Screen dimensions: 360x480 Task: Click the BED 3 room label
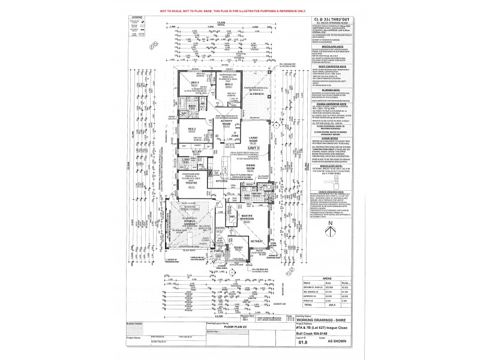178,82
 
